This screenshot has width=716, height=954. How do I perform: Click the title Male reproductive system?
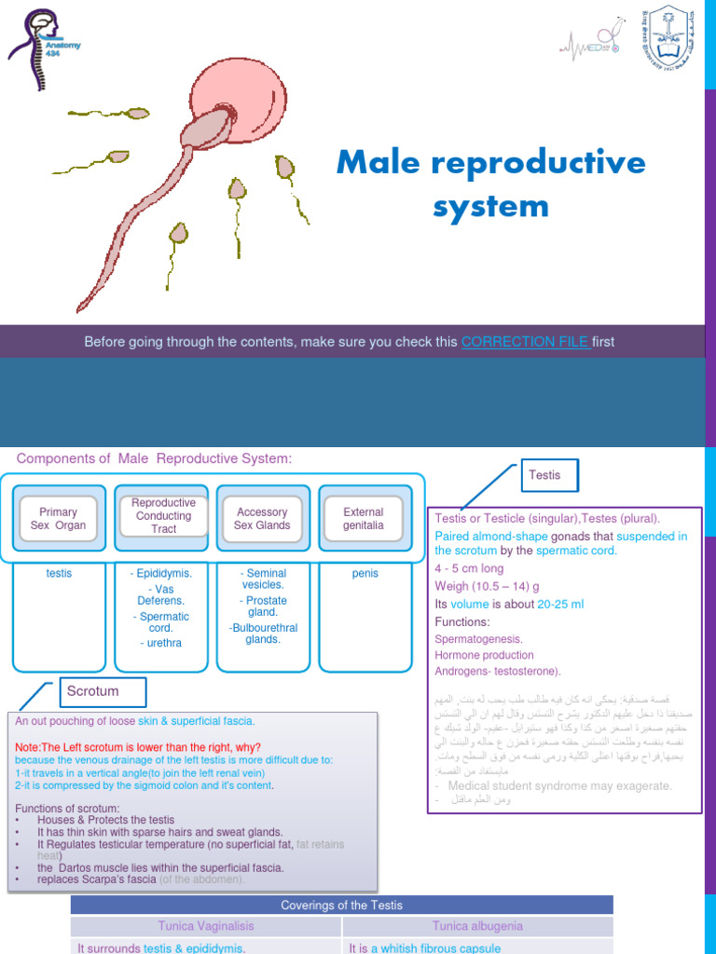(x=490, y=184)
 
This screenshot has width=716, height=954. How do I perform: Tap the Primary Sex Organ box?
(x=58, y=519)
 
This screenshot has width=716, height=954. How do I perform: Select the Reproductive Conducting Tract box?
(x=163, y=516)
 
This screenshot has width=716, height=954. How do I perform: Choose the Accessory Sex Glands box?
(x=262, y=519)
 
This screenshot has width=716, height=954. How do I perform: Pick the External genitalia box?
(x=363, y=519)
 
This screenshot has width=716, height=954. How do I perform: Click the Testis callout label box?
(x=544, y=475)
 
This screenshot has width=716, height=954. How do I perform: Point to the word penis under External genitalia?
(x=365, y=574)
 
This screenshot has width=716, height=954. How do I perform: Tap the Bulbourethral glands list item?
(x=262, y=634)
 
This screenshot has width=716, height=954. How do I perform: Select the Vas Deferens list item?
(x=163, y=594)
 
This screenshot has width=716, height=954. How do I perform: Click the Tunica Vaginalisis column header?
(x=206, y=925)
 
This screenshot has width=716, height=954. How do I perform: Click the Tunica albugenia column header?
(x=477, y=925)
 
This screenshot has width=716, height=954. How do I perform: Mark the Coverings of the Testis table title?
(x=341, y=906)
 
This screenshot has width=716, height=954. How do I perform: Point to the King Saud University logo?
(x=667, y=37)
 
